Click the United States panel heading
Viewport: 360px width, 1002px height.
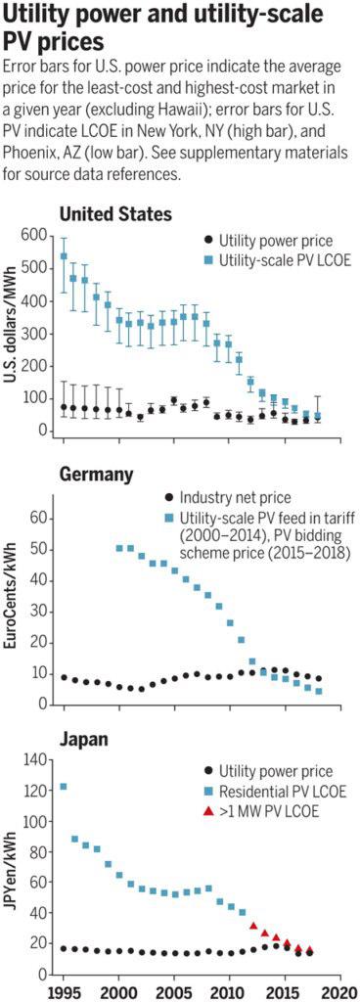tap(115, 214)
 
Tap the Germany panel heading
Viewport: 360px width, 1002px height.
tap(96, 475)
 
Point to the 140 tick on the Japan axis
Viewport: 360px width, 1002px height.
tap(35, 760)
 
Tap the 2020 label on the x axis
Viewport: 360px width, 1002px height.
tap(340, 991)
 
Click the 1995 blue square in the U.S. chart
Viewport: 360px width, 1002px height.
tap(64, 256)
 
